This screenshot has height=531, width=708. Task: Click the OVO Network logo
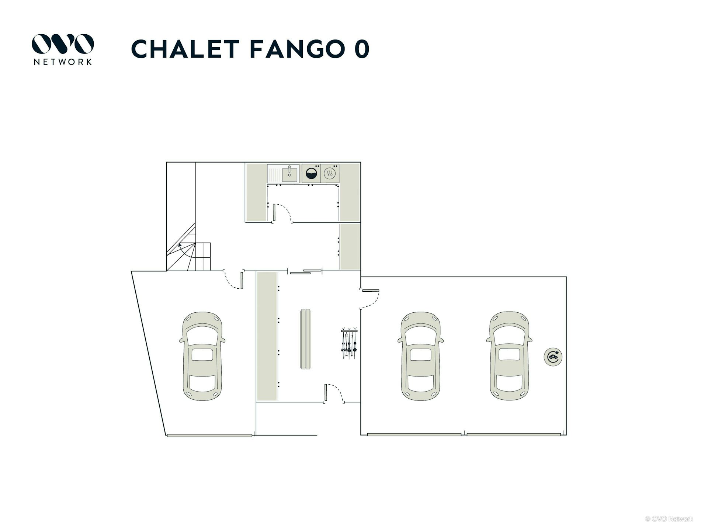point(63,49)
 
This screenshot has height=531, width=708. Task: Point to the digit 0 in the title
point(362,49)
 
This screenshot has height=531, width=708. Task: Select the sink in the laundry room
point(283,173)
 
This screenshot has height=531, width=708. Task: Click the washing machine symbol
point(311,173)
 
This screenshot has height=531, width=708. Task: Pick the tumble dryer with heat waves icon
point(330,173)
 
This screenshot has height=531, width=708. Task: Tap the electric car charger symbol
point(553,357)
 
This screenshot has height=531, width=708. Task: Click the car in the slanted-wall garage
point(202,356)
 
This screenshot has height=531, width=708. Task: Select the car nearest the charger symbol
point(509,356)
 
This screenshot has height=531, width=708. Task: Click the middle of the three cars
point(421,356)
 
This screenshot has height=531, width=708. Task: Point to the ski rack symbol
point(349,343)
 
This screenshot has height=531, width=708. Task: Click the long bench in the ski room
point(306,339)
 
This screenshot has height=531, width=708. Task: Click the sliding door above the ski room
point(306,272)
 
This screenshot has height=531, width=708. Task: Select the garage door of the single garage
point(209,435)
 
